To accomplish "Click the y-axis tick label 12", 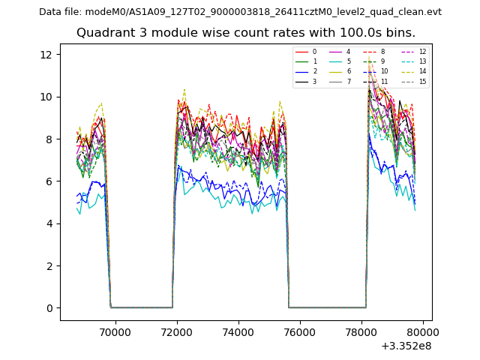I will [x=45, y=55].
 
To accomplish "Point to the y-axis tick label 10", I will [x=45, y=97].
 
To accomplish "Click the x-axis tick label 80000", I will [x=423, y=331].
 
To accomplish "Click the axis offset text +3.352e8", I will [x=406, y=346].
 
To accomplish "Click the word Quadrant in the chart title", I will [x=103, y=33].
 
